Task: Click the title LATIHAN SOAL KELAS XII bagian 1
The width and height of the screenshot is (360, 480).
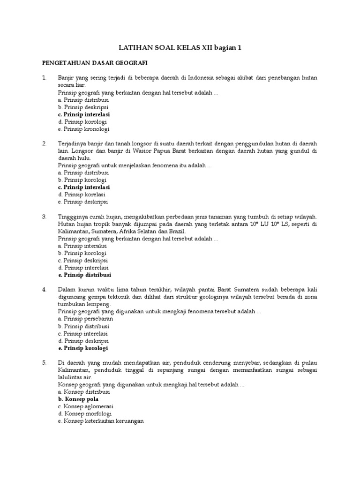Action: tap(180, 47)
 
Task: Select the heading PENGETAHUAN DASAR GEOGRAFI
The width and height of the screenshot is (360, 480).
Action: tap(95, 62)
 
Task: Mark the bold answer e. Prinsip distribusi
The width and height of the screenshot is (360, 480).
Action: tap(85, 275)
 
